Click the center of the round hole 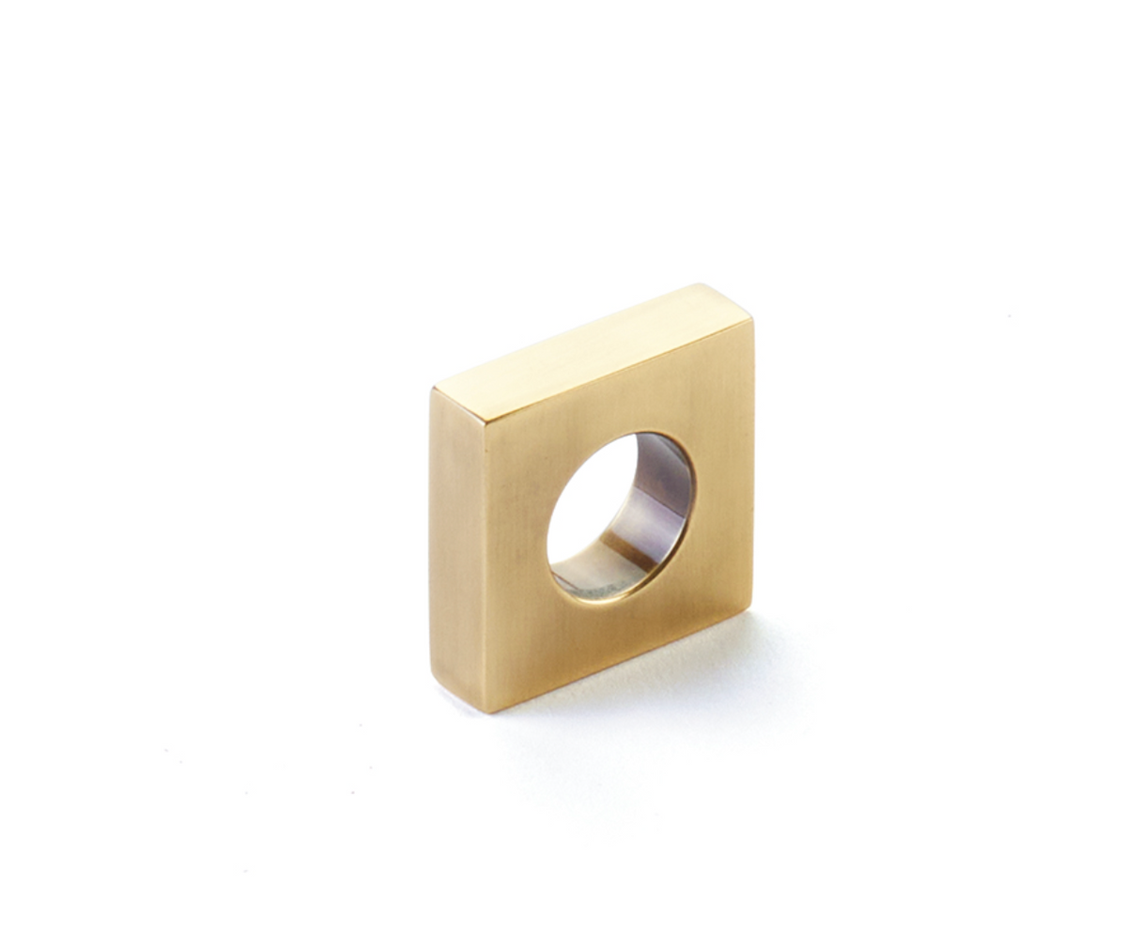[x=620, y=515]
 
